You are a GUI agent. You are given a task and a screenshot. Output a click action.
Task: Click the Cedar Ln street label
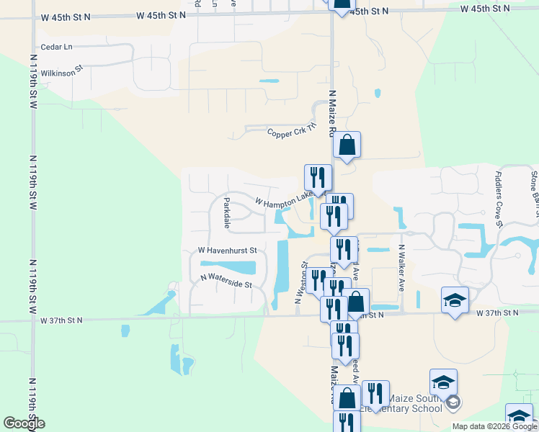pyautogui.click(x=58, y=47)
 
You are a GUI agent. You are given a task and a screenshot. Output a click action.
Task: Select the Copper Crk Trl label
pyautogui.click(x=292, y=131)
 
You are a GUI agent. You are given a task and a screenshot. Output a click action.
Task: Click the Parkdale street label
pyautogui.click(x=226, y=213)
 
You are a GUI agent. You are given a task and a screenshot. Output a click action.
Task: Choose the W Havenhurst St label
pyautogui.click(x=228, y=251)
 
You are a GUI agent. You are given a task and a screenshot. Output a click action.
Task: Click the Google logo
pyautogui.click(x=24, y=423)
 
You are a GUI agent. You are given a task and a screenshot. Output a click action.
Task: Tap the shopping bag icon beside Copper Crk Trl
pyautogui.click(x=347, y=145)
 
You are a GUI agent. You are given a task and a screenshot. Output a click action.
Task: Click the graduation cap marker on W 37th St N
pyautogui.click(x=455, y=300)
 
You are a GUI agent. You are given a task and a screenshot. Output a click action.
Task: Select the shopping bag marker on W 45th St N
pyautogui.click(x=341, y=4)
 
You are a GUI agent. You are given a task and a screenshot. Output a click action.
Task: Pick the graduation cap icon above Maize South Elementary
pyautogui.click(x=443, y=382)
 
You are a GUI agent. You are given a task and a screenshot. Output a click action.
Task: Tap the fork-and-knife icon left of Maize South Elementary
pyautogui.click(x=375, y=393)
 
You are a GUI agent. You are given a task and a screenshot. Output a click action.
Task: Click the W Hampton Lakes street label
pyautogui.click(x=283, y=204)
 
